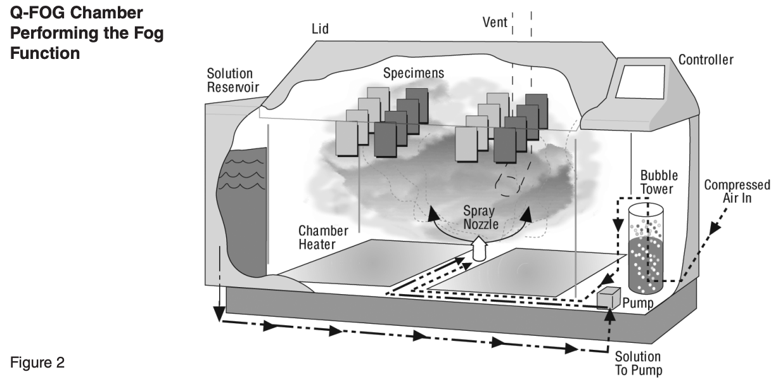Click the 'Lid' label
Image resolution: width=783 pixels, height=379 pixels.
pyautogui.click(x=320, y=29)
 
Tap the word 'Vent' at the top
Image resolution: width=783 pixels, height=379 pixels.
pyautogui.click(x=495, y=23)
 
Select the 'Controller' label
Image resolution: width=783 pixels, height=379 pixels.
pyautogui.click(x=706, y=60)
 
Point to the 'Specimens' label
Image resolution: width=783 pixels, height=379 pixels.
pyautogui.click(x=413, y=74)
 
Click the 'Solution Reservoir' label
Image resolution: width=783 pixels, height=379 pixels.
pyautogui.click(x=229, y=80)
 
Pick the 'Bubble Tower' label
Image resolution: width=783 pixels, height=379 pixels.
pyautogui.click(x=659, y=181)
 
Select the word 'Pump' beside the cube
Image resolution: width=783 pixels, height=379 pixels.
pyautogui.click(x=637, y=303)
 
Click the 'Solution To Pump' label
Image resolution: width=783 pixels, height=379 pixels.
pyautogui.click(x=638, y=363)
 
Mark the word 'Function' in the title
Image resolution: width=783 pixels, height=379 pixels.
pyautogui.click(x=44, y=53)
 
